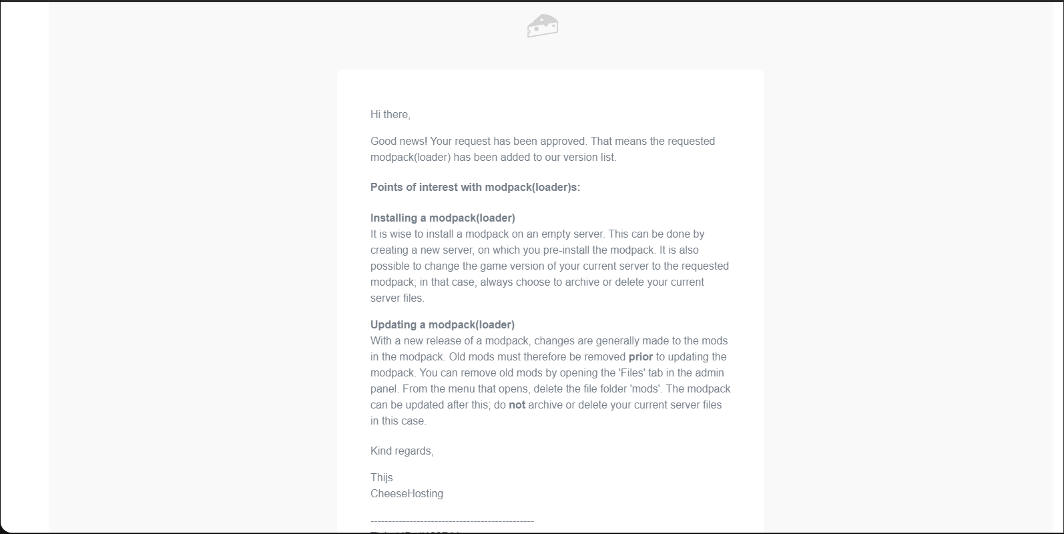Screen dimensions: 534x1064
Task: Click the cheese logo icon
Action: tap(543, 25)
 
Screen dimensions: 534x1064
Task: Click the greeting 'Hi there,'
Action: tap(390, 115)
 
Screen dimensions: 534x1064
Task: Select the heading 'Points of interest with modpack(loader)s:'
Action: tap(475, 188)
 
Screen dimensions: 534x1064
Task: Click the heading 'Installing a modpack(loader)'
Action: tap(443, 218)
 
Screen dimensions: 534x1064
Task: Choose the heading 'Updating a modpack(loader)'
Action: tap(443, 325)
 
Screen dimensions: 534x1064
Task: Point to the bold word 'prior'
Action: tap(640, 357)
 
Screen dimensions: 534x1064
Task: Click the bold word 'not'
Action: tap(517, 405)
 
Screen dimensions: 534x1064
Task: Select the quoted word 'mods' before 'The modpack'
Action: tap(645, 389)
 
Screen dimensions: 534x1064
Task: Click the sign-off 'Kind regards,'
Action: tap(402, 451)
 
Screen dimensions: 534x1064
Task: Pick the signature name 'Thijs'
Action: tap(382, 478)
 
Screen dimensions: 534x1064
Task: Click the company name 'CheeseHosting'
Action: tap(407, 494)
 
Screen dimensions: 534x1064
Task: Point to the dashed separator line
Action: tap(452, 521)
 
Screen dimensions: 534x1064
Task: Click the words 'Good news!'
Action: tap(398, 142)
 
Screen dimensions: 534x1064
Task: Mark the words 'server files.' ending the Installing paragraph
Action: tap(397, 298)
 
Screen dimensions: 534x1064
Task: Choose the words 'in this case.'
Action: tap(398, 421)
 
